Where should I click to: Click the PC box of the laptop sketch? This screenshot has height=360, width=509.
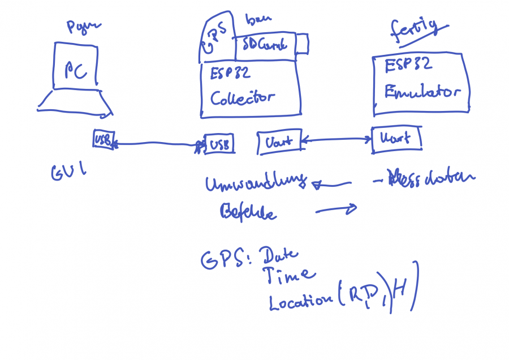[77, 67]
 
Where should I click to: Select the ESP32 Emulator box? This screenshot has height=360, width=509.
[421, 84]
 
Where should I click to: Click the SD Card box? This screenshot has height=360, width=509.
[265, 45]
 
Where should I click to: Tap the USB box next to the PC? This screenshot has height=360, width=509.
[104, 139]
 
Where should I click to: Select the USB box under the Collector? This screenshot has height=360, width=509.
[218, 144]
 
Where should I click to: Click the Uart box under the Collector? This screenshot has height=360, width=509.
[278, 142]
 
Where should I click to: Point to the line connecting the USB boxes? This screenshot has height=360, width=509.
[156, 144]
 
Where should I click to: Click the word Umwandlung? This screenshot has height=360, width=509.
[256, 184]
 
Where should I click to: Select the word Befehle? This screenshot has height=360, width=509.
[248, 212]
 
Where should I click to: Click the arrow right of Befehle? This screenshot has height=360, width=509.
[336, 210]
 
